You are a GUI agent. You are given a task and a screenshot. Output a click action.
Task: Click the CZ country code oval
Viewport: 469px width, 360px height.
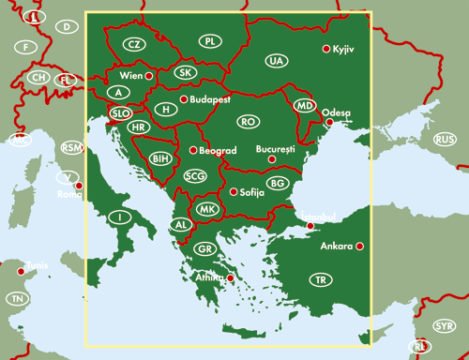tap(135, 44)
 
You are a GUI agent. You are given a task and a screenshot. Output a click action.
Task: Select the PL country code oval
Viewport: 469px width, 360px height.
tap(210, 41)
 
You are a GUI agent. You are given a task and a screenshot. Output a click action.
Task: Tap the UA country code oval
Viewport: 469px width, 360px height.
tap(275, 61)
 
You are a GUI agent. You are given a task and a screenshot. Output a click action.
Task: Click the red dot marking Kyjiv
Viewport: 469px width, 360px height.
tap(325, 49)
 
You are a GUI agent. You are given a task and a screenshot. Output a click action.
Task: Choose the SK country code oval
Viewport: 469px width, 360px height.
tap(186, 72)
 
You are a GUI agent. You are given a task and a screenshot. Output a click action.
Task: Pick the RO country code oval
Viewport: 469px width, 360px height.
tap(248, 122)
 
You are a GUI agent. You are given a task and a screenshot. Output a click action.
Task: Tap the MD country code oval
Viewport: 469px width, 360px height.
tap(304, 105)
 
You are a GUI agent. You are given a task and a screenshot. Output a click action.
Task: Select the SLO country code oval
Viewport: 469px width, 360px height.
tap(121, 112)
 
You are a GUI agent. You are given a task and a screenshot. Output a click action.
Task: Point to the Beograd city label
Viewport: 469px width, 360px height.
tap(218, 150)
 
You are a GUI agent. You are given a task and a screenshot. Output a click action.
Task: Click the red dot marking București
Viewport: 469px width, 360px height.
tap(271, 159)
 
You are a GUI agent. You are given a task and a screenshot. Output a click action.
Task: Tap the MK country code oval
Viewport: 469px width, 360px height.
tap(206, 209)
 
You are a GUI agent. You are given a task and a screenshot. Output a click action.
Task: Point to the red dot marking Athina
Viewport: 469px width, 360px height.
tap(230, 278)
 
